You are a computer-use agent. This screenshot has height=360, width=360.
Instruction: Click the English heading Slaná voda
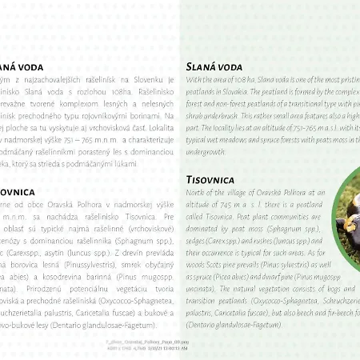[x=214, y=66]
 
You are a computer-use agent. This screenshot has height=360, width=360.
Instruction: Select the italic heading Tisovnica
[x=210, y=179]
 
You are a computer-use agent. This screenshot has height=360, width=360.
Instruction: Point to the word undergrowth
[x=206, y=152]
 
